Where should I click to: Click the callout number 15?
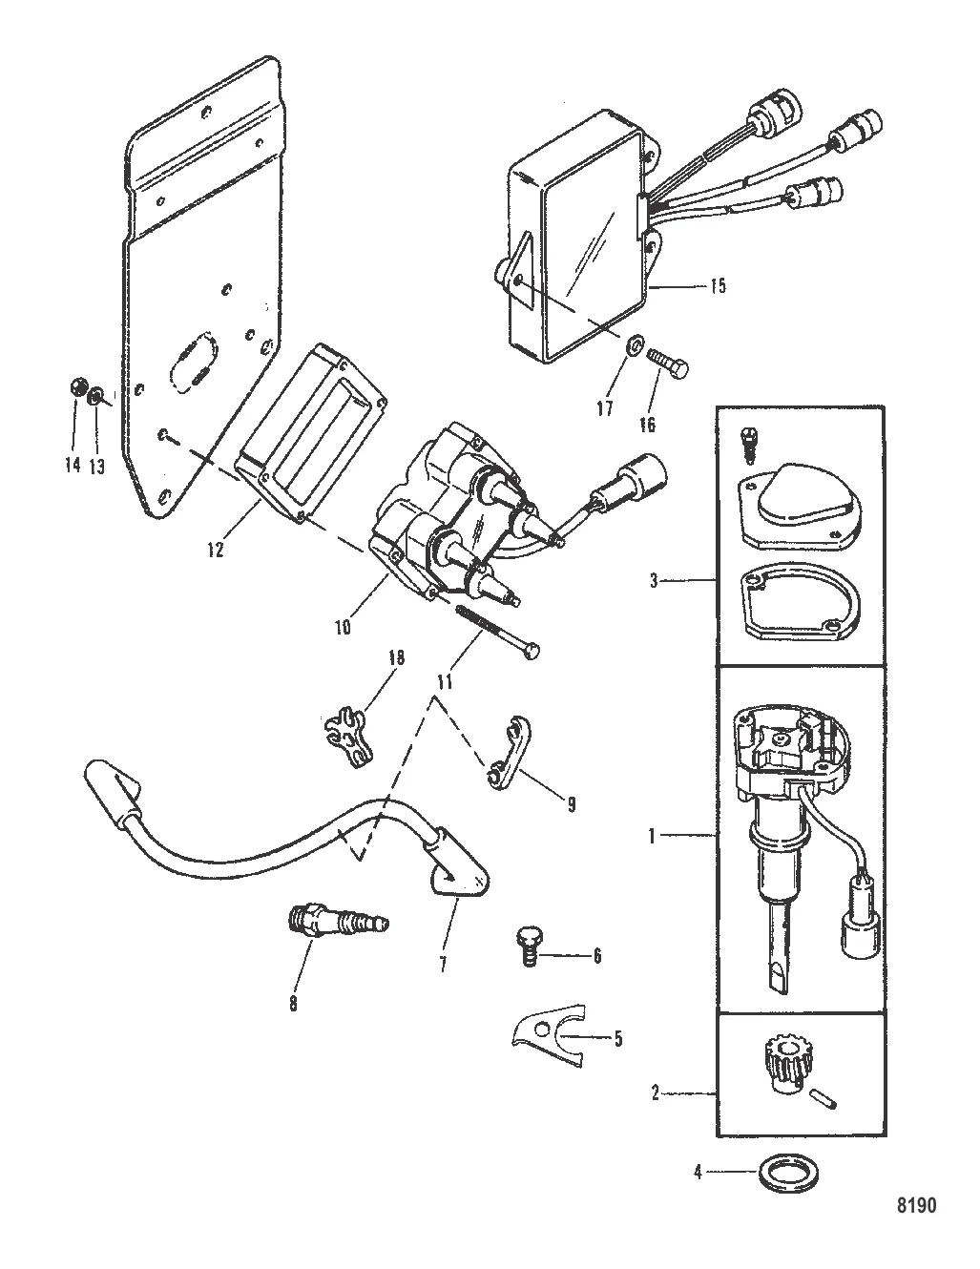click(718, 285)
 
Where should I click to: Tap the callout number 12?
click(217, 551)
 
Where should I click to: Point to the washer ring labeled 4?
click(777, 1171)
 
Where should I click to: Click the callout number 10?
click(342, 627)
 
